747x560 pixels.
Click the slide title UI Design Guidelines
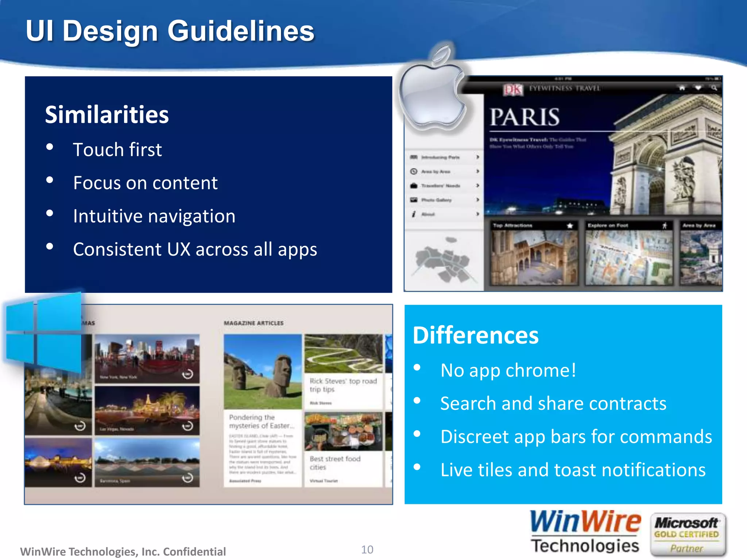click(170, 31)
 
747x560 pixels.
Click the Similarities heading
click(107, 115)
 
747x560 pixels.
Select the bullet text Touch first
click(117, 150)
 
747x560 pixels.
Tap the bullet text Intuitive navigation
click(154, 216)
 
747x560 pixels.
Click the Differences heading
click(475, 335)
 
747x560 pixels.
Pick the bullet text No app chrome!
click(508, 371)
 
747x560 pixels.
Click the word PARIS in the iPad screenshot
click(524, 117)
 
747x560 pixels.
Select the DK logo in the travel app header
click(512, 89)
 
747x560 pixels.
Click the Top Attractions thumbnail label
click(512, 226)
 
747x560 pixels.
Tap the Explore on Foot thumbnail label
click(608, 226)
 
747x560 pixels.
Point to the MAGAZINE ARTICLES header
click(253, 323)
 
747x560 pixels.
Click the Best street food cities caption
click(335, 463)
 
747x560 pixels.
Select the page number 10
click(367, 549)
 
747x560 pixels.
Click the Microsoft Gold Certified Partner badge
click(687, 535)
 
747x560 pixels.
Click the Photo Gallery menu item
click(436, 200)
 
